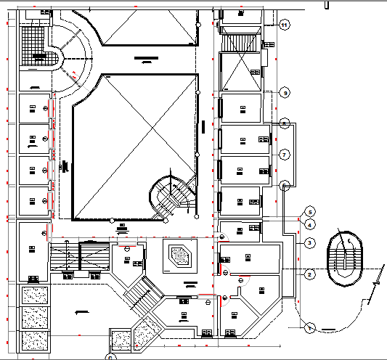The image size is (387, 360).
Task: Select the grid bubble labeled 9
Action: pos(285,93)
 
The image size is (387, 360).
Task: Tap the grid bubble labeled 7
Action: pos(285,154)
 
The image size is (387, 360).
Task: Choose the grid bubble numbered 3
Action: pos(309,242)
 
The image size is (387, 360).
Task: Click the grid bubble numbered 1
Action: pos(309,328)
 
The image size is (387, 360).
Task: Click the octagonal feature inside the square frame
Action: pos(179,255)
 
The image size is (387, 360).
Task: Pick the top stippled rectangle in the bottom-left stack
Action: pos(33,295)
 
